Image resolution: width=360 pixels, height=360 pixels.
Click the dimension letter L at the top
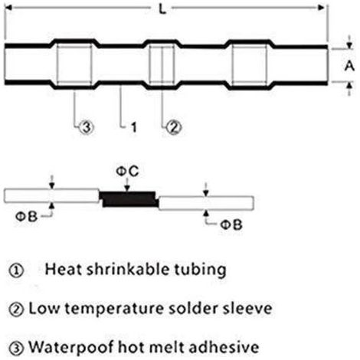point(162,9)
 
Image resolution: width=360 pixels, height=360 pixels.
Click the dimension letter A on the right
point(349,66)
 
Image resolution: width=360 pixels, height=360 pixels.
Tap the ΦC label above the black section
point(127,172)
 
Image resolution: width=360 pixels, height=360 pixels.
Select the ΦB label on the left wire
point(26,217)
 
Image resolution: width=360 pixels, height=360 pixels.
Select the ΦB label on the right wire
point(231,225)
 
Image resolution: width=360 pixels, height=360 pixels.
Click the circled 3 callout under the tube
point(87,127)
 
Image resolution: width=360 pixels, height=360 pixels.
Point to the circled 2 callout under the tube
point(174,127)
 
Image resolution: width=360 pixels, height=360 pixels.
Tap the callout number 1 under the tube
point(133,127)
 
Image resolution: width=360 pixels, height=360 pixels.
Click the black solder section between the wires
point(129,199)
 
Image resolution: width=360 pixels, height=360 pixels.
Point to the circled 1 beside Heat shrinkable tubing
point(16,270)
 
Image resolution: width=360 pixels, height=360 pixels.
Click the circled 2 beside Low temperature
point(16,309)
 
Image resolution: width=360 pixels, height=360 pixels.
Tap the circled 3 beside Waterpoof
point(16,348)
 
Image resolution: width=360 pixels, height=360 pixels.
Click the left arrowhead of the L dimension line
point(8,8)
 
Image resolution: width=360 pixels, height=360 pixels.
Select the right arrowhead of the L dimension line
point(321,8)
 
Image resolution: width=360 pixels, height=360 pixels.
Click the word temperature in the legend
point(113,309)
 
